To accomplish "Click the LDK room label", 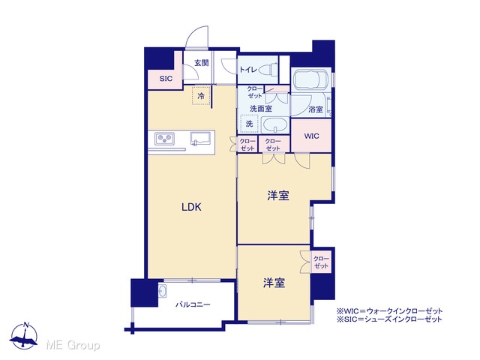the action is point(191,207).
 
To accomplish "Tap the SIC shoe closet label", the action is point(166,79).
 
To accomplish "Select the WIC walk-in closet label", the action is point(312,136).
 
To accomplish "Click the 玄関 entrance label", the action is point(202,63).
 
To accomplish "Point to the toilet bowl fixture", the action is point(268,70).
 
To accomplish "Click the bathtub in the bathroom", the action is point(311,79).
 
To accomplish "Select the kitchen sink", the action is point(201,139).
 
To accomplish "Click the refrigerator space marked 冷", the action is point(201,96).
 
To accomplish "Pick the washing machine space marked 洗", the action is point(250,123).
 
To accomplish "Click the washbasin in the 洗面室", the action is point(275,126).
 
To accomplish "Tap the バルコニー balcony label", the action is point(193,304).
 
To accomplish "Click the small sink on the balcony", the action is point(163,291).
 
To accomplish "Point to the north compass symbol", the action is point(24,335).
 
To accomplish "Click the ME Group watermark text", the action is point(73,345).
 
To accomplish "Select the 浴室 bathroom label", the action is point(316,109).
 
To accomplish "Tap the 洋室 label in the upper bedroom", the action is point(278,195).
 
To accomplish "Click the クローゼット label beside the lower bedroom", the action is point(321,262).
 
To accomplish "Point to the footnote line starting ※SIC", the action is point(389,319).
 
